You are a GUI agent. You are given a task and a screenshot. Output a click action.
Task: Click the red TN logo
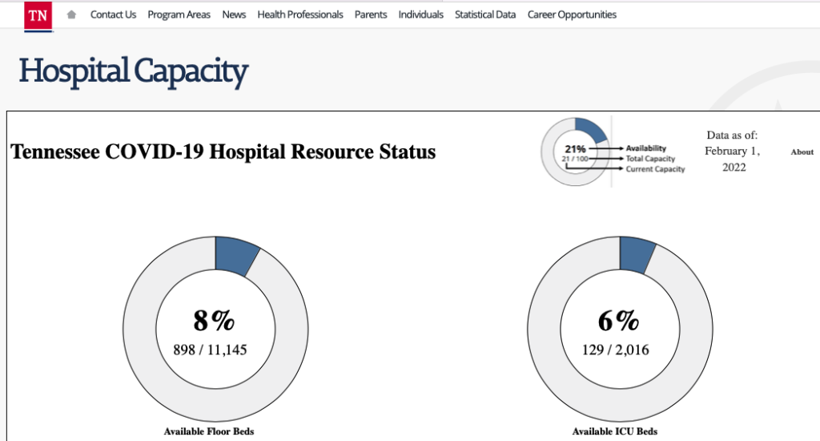coord(38,16)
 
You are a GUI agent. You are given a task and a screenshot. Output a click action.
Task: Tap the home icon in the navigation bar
coord(71,14)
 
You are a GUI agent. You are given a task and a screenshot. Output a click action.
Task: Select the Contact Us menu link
coord(113,14)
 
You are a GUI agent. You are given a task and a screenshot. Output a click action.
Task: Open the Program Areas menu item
coord(179,14)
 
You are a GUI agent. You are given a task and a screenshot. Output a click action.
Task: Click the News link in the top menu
coord(234,14)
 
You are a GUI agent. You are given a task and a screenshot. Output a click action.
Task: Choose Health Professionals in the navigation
coord(300,14)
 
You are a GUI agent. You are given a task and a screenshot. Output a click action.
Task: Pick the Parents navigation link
coord(371,14)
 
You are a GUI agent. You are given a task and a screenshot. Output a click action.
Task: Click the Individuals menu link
coord(421,14)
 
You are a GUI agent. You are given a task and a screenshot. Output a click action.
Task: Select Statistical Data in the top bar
coord(485,14)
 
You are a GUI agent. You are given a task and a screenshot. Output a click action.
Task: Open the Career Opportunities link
coord(572,14)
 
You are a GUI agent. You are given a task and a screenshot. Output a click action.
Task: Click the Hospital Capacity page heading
coord(134,71)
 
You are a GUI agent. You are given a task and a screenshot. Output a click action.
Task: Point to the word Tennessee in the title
coord(55,152)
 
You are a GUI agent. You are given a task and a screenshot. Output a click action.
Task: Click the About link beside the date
coord(802,152)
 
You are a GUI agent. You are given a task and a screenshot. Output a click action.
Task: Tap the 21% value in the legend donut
coord(575,149)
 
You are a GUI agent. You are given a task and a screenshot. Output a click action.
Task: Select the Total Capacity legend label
coord(650,159)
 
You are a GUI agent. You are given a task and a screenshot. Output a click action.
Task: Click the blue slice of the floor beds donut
coord(235,255)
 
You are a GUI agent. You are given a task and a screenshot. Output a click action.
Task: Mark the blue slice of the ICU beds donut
coord(636,254)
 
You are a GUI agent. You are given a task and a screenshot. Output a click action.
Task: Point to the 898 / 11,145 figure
coord(211,350)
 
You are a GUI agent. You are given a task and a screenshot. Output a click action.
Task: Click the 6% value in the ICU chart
coord(619,321)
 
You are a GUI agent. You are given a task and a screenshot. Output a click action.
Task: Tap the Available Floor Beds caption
coord(209,431)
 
